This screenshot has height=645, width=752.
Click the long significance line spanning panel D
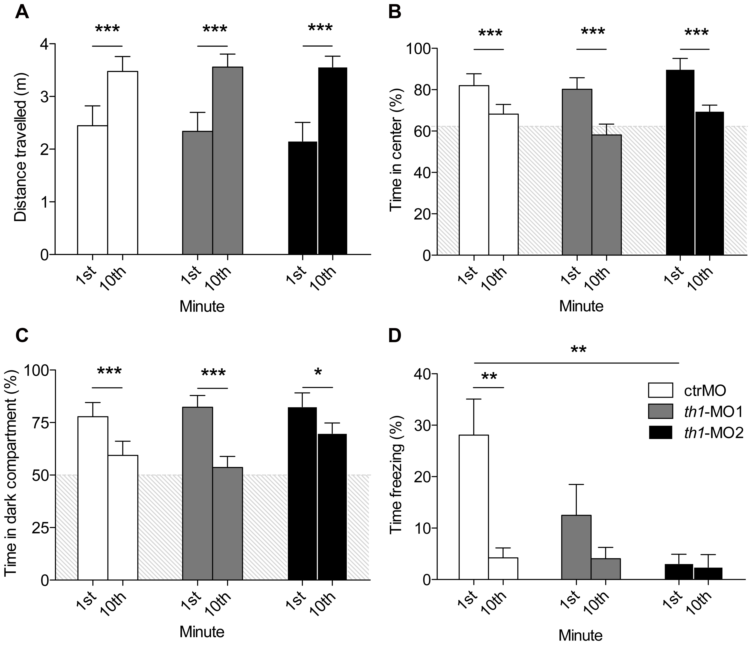[576, 363]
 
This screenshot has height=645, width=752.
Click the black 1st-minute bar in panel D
[679, 572]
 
